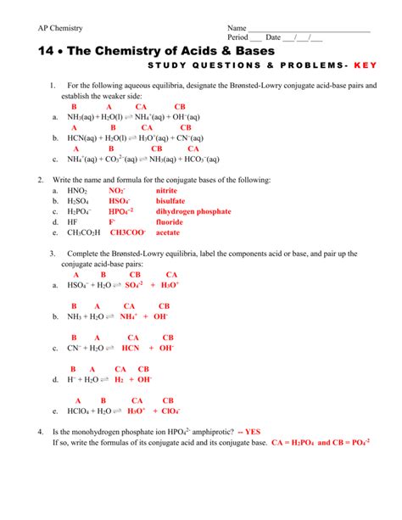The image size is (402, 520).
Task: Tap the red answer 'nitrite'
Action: coord(167,191)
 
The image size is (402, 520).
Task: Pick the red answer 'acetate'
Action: coord(168,232)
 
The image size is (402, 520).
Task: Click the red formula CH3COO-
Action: coord(127,232)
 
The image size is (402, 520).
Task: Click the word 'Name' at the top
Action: coord(237,28)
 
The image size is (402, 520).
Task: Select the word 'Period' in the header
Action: coord(239,38)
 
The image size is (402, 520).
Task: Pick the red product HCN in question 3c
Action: coord(131,348)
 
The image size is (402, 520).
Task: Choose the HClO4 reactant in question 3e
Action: coord(80,411)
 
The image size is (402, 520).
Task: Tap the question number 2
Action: coord(41,180)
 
